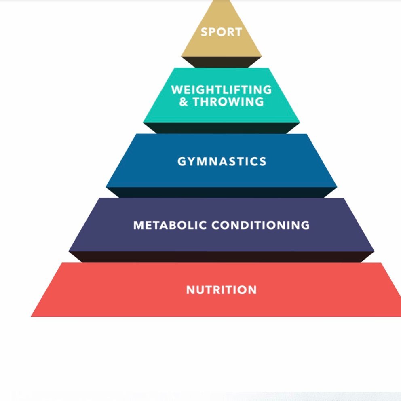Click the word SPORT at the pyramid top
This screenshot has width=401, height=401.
pos(222,32)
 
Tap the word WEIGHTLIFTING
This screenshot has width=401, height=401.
pos(222,89)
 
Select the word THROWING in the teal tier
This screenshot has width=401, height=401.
pos(228,101)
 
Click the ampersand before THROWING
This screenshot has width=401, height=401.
pos(184,101)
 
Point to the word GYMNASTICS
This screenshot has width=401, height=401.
pos(222,162)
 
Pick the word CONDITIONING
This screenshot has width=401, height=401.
pos(261,225)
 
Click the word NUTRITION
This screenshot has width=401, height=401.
pos(222,290)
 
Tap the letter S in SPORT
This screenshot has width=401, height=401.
pos(205,32)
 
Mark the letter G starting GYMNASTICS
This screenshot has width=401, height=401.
pos(182,162)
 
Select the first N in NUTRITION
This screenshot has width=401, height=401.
pos(190,290)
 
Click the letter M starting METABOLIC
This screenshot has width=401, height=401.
pos(139,225)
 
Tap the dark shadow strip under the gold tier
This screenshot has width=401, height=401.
pos(222,62)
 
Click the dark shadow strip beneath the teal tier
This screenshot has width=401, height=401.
pos(222,128)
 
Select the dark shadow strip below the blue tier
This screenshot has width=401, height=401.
pos(222,192)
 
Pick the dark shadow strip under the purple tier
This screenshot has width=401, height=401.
pos(222,257)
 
